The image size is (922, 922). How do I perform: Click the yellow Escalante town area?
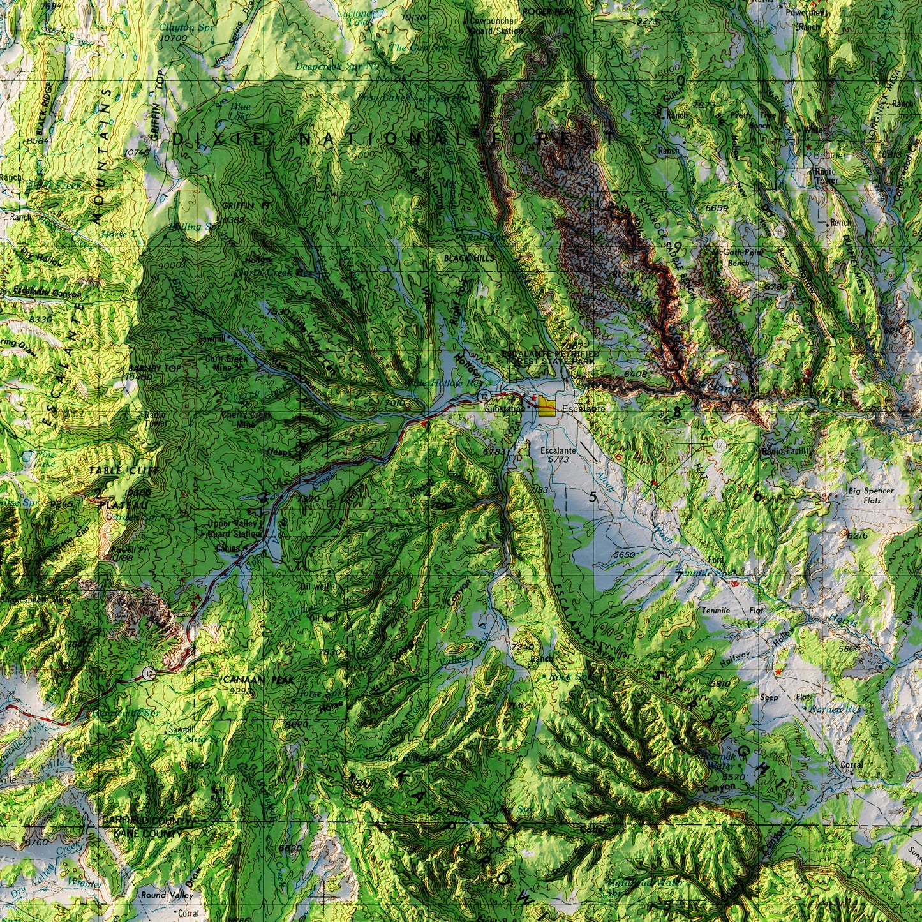pyautogui.click(x=546, y=406)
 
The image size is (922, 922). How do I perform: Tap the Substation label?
pyautogui.click(x=503, y=408)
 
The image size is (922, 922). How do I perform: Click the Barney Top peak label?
pyautogui.click(x=145, y=369)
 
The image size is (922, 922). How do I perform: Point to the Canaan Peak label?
pyautogui.click(x=259, y=680)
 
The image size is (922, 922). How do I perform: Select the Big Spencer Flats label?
pyautogui.click(x=871, y=496)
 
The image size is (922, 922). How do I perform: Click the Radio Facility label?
pyautogui.click(x=787, y=451)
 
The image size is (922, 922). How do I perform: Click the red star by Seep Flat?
pyautogui.click(x=778, y=672)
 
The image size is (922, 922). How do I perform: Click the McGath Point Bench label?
pyautogui.click(x=738, y=257)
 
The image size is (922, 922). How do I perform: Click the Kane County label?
pyautogui.click(x=138, y=833)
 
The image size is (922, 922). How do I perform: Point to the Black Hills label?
pyautogui.click(x=469, y=258)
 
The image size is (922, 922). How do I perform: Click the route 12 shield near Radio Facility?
pyautogui.click(x=719, y=445)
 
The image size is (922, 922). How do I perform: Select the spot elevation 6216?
pyautogui.click(x=858, y=535)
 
